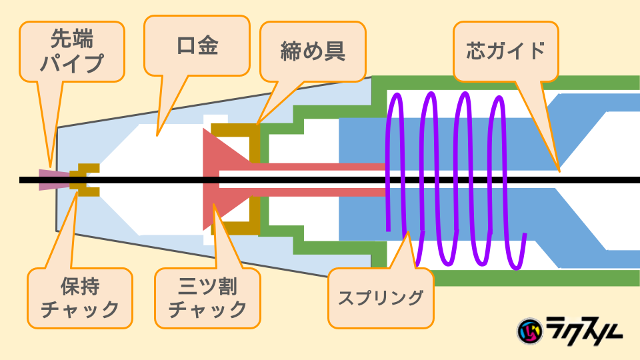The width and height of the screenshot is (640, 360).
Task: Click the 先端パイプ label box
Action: point(72,51)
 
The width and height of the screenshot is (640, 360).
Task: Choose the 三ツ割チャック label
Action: point(207,298)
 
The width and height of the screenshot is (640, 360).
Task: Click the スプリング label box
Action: point(381,298)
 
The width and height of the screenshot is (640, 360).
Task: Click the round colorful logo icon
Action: point(530,329)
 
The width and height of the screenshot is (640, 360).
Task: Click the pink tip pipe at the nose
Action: point(47,179)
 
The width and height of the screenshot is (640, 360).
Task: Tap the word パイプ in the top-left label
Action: point(72,63)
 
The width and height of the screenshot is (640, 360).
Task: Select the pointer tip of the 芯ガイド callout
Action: point(559,171)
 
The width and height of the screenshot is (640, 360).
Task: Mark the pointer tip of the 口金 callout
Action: point(156,136)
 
